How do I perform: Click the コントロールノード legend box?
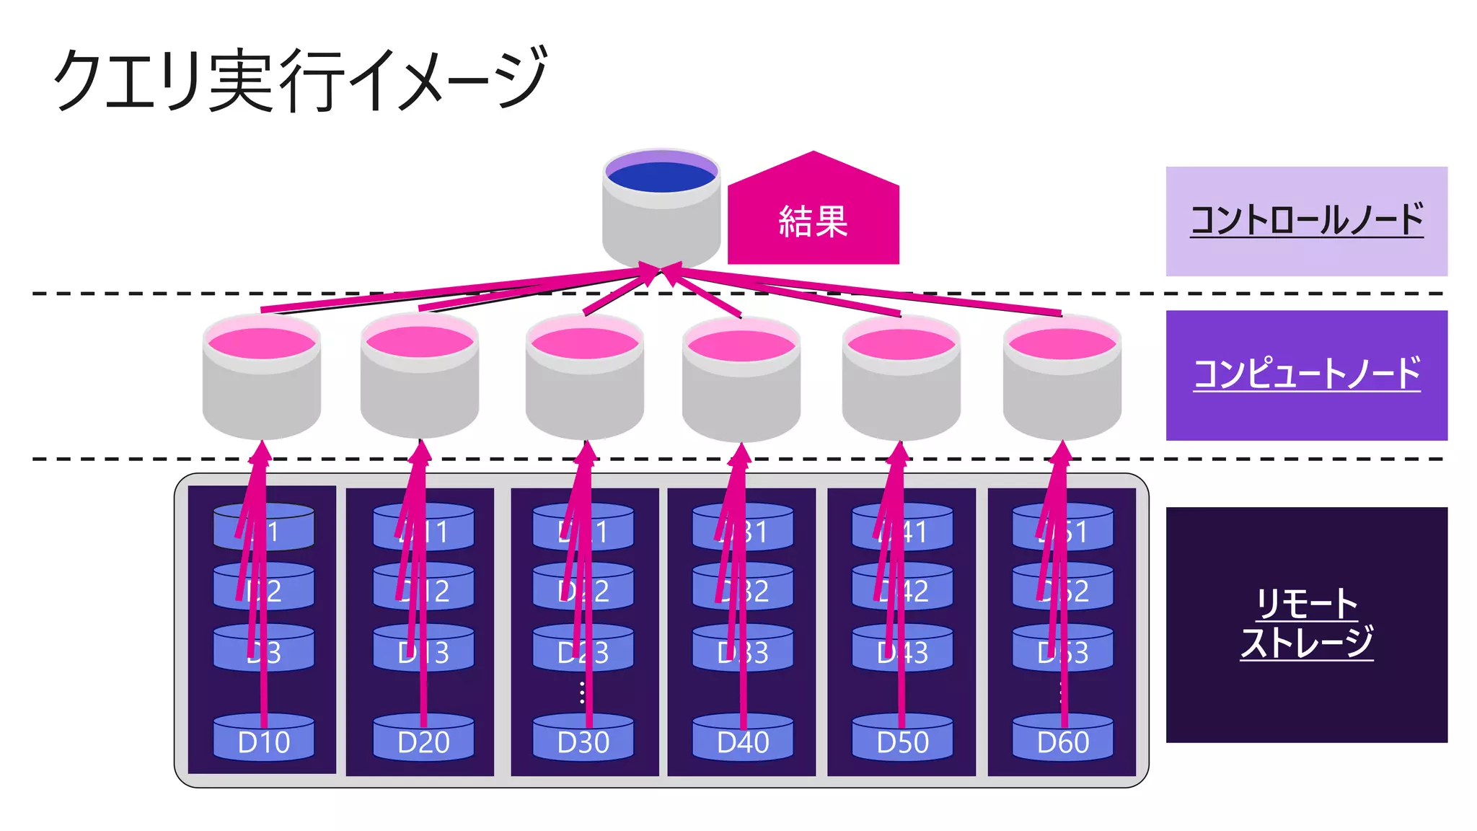tap(1306, 221)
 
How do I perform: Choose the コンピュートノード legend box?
tap(1306, 375)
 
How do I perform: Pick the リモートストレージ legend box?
tap(1306, 625)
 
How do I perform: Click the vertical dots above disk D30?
tap(583, 692)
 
